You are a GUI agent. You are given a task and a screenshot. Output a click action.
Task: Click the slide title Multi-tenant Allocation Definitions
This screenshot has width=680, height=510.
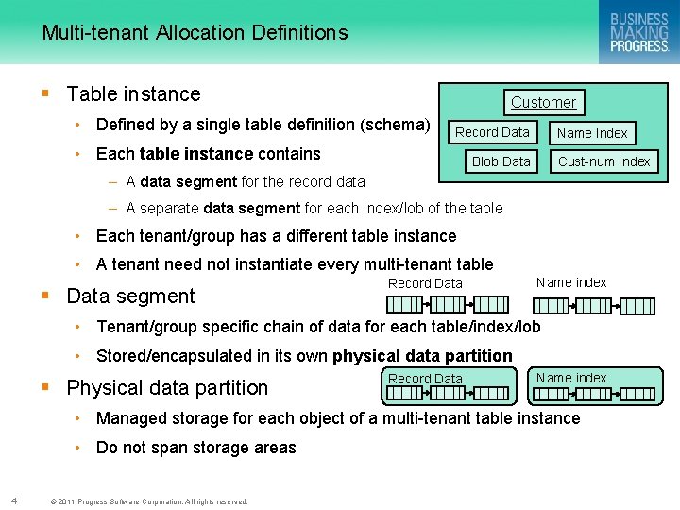[x=195, y=33]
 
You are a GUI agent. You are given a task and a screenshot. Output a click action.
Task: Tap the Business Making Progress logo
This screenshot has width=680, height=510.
[x=638, y=32]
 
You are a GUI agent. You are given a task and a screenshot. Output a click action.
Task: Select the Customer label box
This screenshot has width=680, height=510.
[x=543, y=102]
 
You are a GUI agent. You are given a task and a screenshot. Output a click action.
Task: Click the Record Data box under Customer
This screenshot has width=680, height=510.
[x=492, y=132]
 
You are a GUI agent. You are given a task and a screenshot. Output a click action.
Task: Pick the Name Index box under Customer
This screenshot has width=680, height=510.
[x=592, y=133]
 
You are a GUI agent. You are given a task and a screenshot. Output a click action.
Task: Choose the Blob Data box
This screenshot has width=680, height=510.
[x=501, y=161]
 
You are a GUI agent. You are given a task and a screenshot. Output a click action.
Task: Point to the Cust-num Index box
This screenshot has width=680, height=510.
[x=603, y=161]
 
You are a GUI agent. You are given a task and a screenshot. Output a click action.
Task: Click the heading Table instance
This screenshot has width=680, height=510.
[x=134, y=94]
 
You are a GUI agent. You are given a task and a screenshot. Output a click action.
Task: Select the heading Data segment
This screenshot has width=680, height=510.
[x=130, y=297]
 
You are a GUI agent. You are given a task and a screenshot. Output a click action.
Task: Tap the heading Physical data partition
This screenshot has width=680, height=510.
[x=167, y=388]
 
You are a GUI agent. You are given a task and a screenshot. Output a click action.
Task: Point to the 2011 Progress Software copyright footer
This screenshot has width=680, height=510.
[x=148, y=501]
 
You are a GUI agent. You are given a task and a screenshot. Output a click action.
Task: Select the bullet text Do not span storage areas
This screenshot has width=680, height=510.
[x=196, y=448]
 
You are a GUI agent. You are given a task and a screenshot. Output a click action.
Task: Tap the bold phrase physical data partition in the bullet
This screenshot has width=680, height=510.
[x=422, y=356]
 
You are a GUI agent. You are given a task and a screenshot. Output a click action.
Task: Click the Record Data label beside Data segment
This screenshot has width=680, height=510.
[x=425, y=283]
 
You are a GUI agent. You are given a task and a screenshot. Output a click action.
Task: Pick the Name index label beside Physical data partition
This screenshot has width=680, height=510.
[x=571, y=378]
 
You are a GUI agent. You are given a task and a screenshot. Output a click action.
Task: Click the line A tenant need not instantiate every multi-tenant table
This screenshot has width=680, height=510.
[x=295, y=265]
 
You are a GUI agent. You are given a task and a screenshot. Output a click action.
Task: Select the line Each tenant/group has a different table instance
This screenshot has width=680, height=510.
[x=276, y=236]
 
